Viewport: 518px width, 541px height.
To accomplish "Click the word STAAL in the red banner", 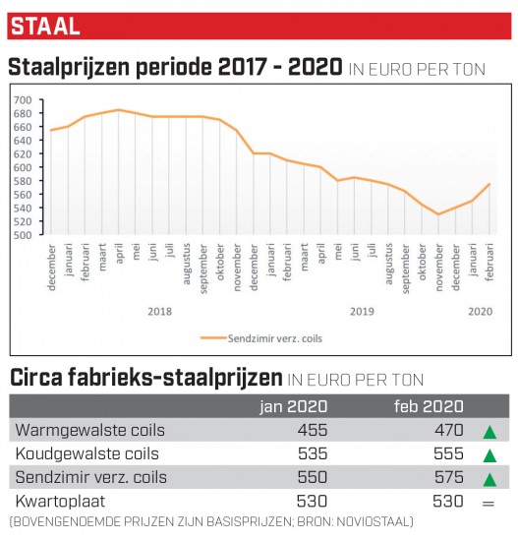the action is pyautogui.click(x=45, y=27).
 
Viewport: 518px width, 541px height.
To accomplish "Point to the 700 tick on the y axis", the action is pyautogui.click(x=23, y=100).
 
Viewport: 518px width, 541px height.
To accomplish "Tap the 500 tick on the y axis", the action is pyautogui.click(x=23, y=235).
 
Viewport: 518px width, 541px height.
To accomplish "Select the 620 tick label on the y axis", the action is pyautogui.click(x=23, y=153).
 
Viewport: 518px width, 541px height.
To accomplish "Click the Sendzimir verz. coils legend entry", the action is pyautogui.click(x=261, y=338).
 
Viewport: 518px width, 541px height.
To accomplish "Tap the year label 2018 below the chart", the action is pyautogui.click(x=159, y=312).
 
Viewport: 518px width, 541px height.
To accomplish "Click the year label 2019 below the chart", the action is pyautogui.click(x=362, y=312).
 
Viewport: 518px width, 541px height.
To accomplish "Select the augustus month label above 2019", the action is pyautogui.click(x=388, y=264).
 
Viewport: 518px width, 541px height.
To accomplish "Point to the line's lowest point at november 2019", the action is pyautogui.click(x=438, y=214).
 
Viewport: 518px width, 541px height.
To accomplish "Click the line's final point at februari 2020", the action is pyautogui.click(x=489, y=184).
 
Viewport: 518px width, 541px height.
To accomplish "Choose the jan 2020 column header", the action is pyautogui.click(x=294, y=406).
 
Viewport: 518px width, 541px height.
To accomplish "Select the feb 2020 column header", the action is pyautogui.click(x=429, y=406).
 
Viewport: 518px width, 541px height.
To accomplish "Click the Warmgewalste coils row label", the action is pyautogui.click(x=90, y=430).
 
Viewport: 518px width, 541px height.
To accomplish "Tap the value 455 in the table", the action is pyautogui.click(x=313, y=430).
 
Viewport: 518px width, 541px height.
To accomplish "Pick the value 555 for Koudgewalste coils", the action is pyautogui.click(x=448, y=453).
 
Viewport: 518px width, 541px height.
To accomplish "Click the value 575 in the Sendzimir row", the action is pyautogui.click(x=448, y=477).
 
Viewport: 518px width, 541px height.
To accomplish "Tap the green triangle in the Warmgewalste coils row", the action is pyautogui.click(x=489, y=433).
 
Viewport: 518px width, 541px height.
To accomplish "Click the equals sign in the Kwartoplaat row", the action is pyautogui.click(x=489, y=504).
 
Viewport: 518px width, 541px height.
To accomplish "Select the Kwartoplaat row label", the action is pyautogui.click(x=60, y=502).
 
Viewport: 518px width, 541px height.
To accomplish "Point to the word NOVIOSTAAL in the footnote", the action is pyautogui.click(x=373, y=521).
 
